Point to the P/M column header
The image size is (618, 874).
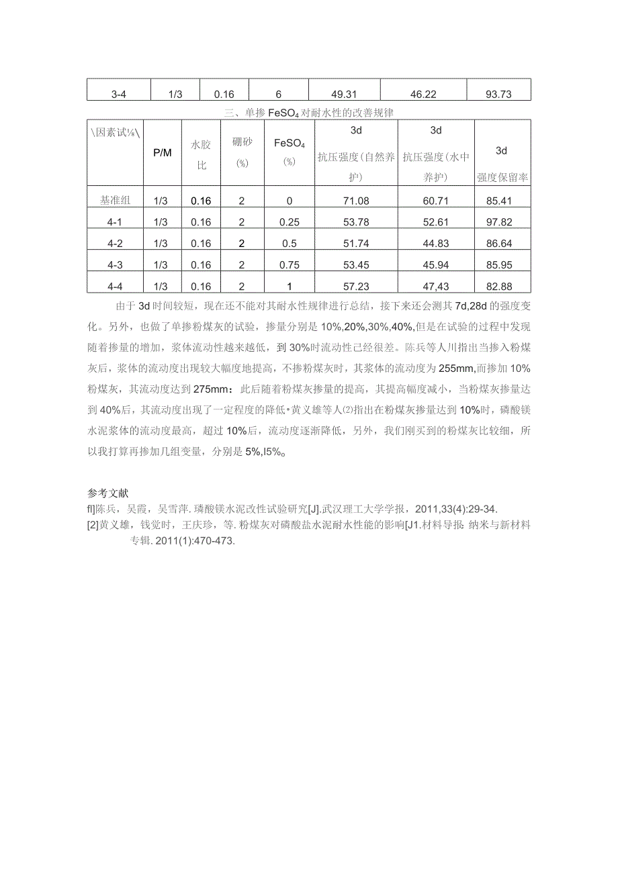[x=163, y=152]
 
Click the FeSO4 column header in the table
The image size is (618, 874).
[x=290, y=144]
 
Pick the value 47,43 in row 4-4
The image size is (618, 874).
[x=435, y=287]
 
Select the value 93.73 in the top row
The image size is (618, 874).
[x=498, y=95]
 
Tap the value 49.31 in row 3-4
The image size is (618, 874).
[x=344, y=95]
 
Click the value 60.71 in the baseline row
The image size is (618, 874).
[x=435, y=201]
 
